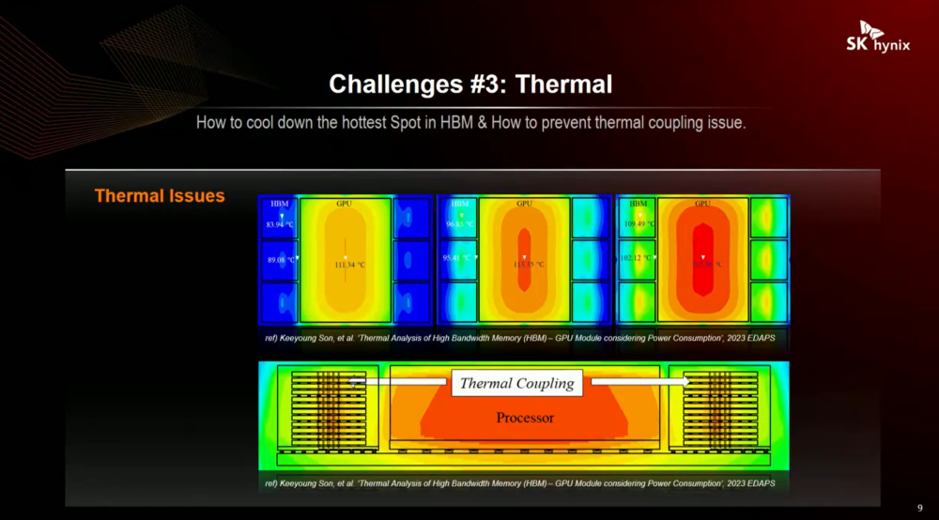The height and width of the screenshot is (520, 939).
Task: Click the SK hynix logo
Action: coord(884,38)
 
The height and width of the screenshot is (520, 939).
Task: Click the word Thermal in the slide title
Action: coord(564,85)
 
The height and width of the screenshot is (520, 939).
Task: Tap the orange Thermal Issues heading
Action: coord(160,196)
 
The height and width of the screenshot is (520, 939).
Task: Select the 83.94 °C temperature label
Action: coord(280,224)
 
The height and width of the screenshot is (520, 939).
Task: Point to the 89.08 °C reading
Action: coord(279,260)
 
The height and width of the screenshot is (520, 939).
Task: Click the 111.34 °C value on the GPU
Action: coord(349,265)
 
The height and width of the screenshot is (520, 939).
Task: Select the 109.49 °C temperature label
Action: coord(639,224)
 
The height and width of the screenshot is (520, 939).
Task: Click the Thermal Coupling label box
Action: coord(516,383)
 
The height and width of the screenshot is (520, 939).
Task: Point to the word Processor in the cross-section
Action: coord(525,418)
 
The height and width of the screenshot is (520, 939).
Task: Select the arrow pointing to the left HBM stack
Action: coord(399,382)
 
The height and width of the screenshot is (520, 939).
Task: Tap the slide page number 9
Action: coord(919,508)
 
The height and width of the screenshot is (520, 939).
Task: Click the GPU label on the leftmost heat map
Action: coord(345,203)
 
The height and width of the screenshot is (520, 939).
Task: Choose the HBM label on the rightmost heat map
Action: coord(639,203)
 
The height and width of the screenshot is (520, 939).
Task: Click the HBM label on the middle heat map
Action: coord(460,203)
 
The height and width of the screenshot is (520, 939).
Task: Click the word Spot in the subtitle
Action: coord(411,123)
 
